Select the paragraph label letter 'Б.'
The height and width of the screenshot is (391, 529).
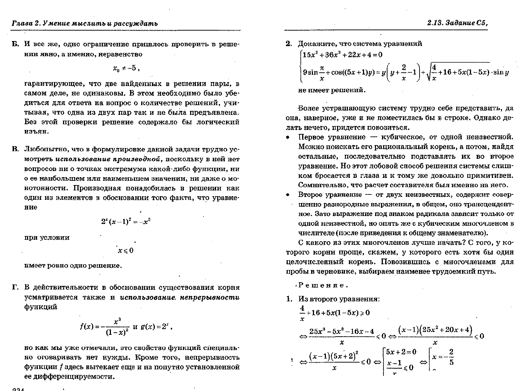coord(15,44)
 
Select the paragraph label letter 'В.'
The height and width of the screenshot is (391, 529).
coord(15,149)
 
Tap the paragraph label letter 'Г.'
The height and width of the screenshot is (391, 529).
coord(15,288)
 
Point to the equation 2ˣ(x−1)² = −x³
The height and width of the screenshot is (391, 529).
coord(126,222)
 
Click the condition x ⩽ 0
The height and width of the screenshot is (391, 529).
coord(126,251)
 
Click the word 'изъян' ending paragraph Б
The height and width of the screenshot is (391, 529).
coord(36,132)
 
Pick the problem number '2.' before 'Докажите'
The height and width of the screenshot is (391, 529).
coord(288,44)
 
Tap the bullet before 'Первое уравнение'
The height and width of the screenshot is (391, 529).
coord(288,138)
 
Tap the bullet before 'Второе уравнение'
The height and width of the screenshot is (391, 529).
coord(288,195)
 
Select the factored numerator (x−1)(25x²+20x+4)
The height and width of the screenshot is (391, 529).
coord(435,330)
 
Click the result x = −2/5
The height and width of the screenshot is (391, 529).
coord(444,357)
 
